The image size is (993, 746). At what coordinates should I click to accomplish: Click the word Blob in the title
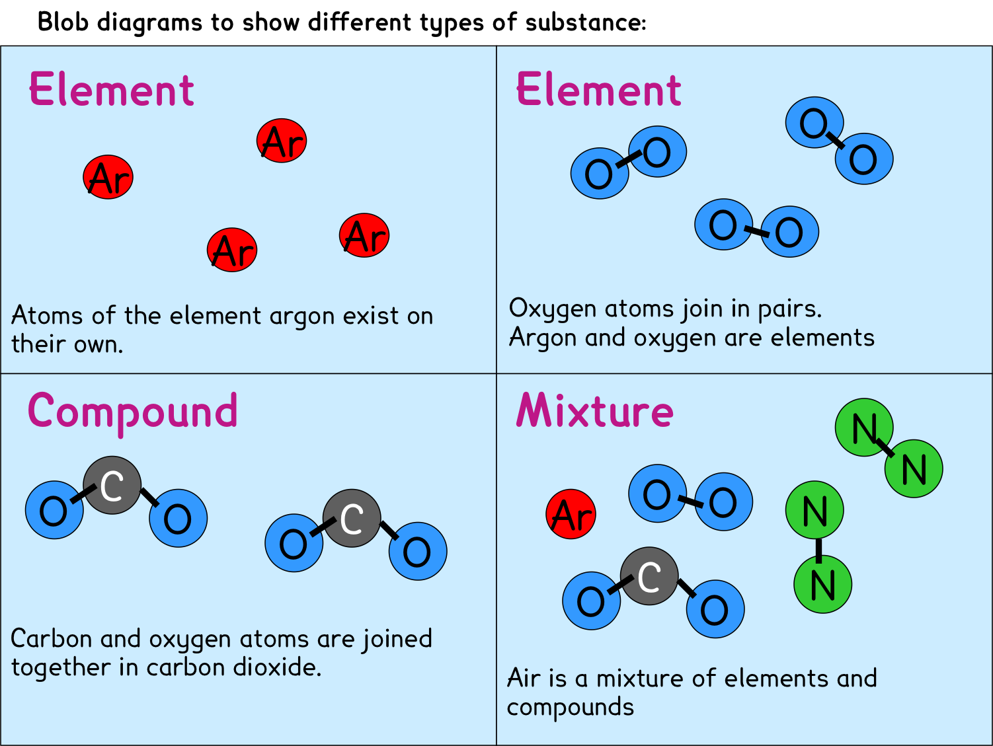click(x=62, y=21)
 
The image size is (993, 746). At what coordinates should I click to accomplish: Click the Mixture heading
click(x=594, y=410)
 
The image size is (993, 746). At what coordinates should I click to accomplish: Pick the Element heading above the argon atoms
click(x=112, y=89)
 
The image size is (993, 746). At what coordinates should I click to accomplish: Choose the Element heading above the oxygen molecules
click(x=599, y=89)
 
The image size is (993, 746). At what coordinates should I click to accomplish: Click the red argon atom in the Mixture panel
click(x=571, y=514)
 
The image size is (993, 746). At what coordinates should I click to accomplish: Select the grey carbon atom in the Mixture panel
click(x=649, y=576)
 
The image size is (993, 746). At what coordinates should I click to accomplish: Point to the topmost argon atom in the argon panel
click(x=282, y=141)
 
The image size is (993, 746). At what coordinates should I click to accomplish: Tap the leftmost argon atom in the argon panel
click(x=108, y=177)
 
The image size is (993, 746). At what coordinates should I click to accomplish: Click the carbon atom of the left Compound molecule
click(x=112, y=485)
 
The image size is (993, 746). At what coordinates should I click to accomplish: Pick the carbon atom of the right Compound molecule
click(x=352, y=518)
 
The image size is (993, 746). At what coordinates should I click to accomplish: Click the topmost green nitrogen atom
click(x=864, y=428)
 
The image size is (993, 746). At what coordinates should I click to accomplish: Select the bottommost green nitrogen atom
click(x=823, y=584)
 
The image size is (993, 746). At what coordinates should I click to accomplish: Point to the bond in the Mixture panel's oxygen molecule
click(x=690, y=500)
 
